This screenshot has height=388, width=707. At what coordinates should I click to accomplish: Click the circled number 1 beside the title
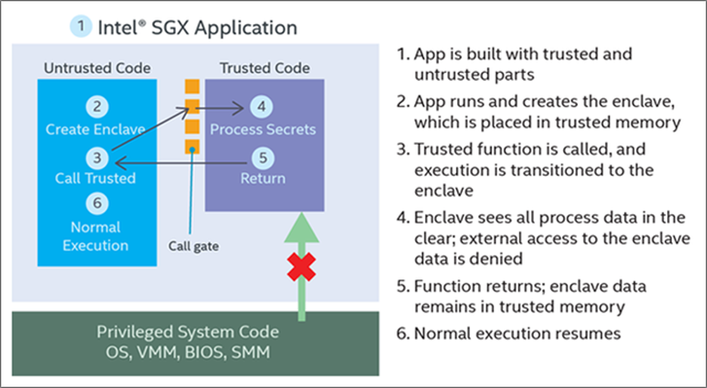coord(81,26)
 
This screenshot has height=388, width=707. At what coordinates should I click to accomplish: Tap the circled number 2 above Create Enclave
coord(97,106)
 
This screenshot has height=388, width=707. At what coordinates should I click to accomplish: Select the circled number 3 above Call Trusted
coord(97,159)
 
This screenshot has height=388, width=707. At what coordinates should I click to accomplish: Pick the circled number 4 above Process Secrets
coord(261,106)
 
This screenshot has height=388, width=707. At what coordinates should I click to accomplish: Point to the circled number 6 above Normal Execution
coord(97,203)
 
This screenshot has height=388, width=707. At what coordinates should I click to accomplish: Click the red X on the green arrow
coord(301,266)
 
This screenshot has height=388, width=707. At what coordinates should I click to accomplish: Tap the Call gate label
coord(193,246)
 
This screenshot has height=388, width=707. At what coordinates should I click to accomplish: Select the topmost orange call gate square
coord(192,86)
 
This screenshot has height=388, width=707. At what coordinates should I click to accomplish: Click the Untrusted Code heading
coord(97,68)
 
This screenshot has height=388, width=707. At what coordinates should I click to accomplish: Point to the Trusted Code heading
coord(264,68)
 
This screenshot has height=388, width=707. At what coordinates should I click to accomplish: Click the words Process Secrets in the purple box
coord(263,130)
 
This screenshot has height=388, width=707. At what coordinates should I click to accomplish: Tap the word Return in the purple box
coord(263,178)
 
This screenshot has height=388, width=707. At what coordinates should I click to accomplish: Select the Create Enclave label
coord(95,130)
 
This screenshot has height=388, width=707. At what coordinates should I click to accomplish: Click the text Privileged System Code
coord(187,333)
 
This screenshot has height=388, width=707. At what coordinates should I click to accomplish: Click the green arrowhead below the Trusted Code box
coord(301,228)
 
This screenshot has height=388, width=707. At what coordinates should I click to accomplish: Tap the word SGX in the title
coord(171,27)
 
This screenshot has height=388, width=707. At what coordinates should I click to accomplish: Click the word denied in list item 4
coord(497,259)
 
